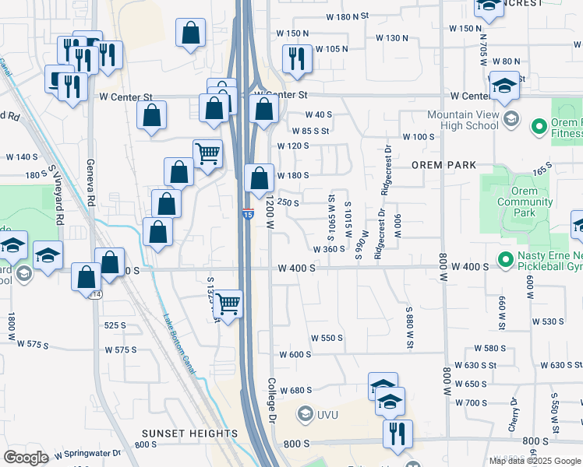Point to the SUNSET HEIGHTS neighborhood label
click(190, 433)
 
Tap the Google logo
click(26, 457)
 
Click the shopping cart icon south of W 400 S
click(228, 302)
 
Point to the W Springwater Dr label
click(88, 452)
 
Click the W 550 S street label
click(327, 339)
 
